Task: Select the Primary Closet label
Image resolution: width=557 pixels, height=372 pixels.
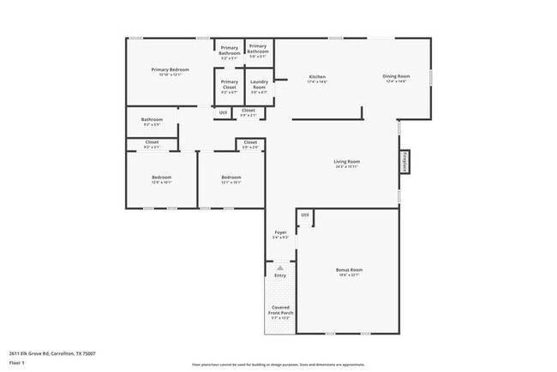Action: (229, 84)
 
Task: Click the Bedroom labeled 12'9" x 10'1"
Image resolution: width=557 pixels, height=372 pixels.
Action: (161, 179)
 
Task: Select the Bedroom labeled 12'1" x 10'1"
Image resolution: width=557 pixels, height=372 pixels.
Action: (231, 179)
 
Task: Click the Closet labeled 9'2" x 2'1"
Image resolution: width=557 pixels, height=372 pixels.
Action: (152, 144)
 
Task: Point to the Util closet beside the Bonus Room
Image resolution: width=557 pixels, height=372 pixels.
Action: (304, 215)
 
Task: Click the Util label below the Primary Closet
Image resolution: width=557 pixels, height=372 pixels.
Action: (223, 112)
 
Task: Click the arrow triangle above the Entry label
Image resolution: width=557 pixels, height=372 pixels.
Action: (279, 267)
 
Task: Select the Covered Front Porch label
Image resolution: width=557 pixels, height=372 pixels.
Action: (280, 309)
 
